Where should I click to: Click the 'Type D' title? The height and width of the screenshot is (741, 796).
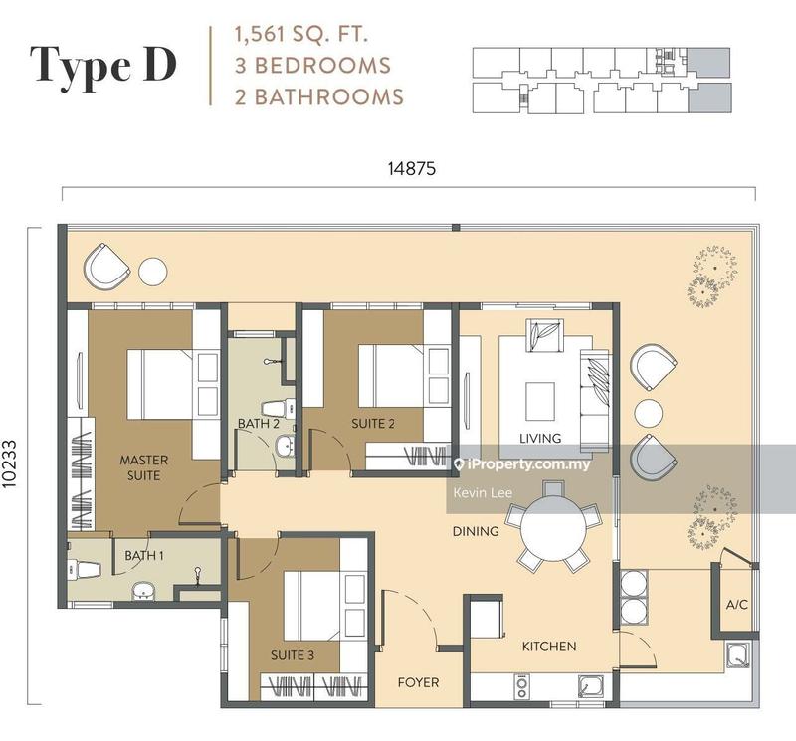[x=104, y=64]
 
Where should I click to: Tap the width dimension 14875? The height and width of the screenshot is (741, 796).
[x=409, y=169]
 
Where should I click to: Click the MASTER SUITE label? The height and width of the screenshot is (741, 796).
[x=144, y=467]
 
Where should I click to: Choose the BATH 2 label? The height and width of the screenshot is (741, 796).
[x=257, y=424]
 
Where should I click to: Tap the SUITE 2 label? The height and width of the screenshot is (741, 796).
[x=373, y=424]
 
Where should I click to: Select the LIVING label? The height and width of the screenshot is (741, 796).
[x=540, y=438]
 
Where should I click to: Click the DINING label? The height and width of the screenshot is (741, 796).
[x=476, y=531]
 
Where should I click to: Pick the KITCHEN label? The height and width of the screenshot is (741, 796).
[x=549, y=647]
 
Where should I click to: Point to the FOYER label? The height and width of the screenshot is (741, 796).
[x=418, y=683]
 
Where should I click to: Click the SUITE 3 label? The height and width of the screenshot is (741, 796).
[x=293, y=656]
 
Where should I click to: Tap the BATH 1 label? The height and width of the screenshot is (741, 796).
[x=144, y=555]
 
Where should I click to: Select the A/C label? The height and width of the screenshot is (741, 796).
[x=736, y=604]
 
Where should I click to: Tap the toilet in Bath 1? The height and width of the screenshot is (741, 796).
[x=84, y=570]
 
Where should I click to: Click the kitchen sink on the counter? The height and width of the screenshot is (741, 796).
[x=591, y=684]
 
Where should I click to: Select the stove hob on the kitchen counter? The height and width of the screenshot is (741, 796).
[x=521, y=684]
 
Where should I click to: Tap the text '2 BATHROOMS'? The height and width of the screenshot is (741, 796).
[x=318, y=96]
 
